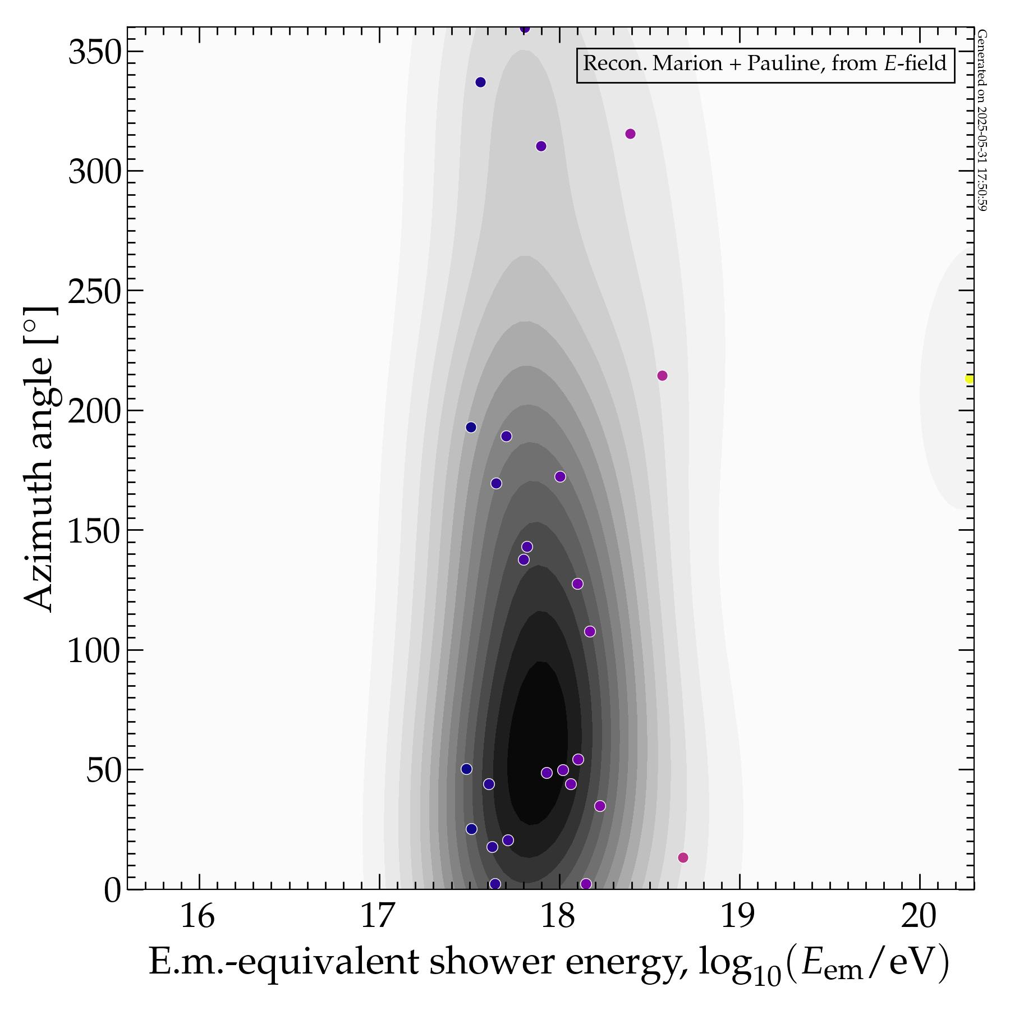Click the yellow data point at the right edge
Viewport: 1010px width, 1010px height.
[969, 379]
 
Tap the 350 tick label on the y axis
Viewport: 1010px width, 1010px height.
[94, 53]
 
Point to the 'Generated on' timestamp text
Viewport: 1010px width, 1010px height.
[981, 121]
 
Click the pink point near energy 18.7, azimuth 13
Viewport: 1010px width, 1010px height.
[683, 857]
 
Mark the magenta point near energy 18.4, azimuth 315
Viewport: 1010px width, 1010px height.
[630, 134]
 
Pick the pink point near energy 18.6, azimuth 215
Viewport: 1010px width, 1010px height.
[662, 375]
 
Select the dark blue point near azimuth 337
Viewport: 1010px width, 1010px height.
[480, 82]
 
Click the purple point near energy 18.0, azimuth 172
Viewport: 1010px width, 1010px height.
[560, 476]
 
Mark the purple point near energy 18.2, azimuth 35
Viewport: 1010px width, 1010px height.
[600, 806]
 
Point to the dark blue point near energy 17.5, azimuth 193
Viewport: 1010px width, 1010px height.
[471, 427]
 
